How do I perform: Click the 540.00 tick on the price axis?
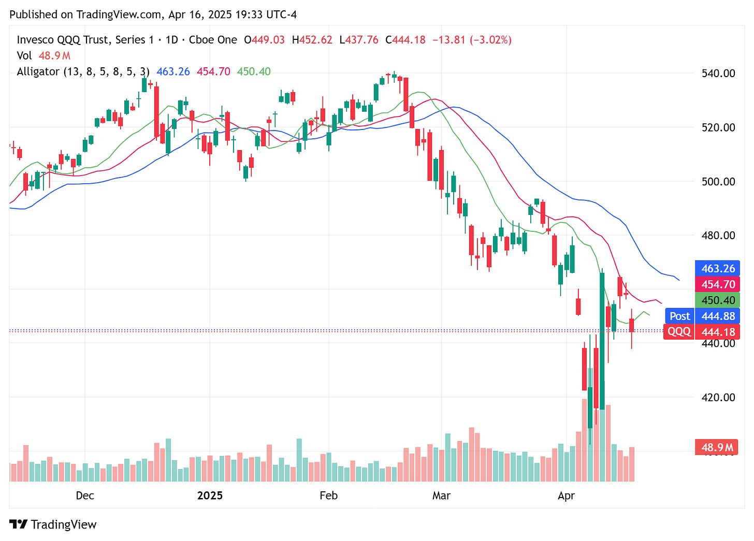point(718,73)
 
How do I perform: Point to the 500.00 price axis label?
point(718,181)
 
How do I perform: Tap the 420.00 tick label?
point(718,397)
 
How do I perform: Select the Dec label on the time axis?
point(85,495)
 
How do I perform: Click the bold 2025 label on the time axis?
point(210,495)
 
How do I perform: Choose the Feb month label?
point(328,495)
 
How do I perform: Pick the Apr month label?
point(566,495)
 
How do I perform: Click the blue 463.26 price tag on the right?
point(718,268)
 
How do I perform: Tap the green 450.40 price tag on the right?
point(718,300)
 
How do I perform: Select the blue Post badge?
point(679,316)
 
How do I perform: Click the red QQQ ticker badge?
point(678,331)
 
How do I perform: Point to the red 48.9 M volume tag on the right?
point(717,447)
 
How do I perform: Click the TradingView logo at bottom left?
point(53,524)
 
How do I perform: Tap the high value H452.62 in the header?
point(312,40)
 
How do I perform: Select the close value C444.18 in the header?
point(405,40)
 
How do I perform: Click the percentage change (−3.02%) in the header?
point(490,40)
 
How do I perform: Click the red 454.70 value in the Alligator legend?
point(213,71)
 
